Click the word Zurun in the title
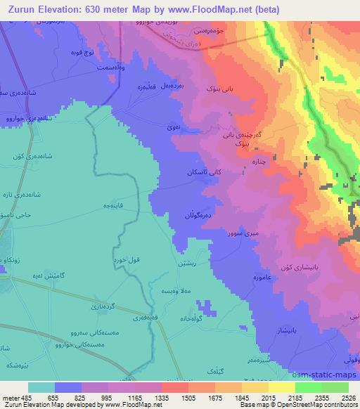pyautogui.click(x=20, y=9)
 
